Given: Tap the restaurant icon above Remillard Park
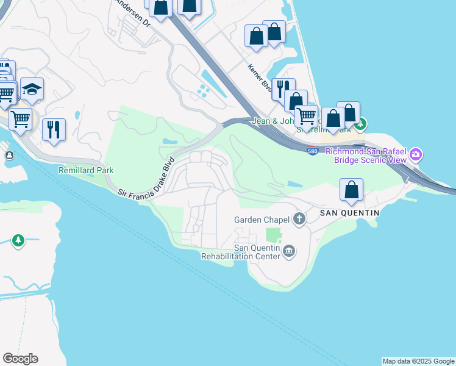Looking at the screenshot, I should [x=54, y=130].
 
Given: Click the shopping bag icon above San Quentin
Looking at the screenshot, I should [x=352, y=190].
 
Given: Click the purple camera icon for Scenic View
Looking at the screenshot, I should [x=416, y=154].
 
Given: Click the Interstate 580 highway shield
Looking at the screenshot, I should [x=313, y=151].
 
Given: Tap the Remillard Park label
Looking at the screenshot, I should [x=86, y=170].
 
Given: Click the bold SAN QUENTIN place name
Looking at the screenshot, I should [x=350, y=213].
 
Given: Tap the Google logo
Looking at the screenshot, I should [x=20, y=359].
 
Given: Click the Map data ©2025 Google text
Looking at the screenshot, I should [x=418, y=361].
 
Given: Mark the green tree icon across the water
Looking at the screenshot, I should [x=18, y=240].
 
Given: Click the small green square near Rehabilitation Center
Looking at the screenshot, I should [x=274, y=235].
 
